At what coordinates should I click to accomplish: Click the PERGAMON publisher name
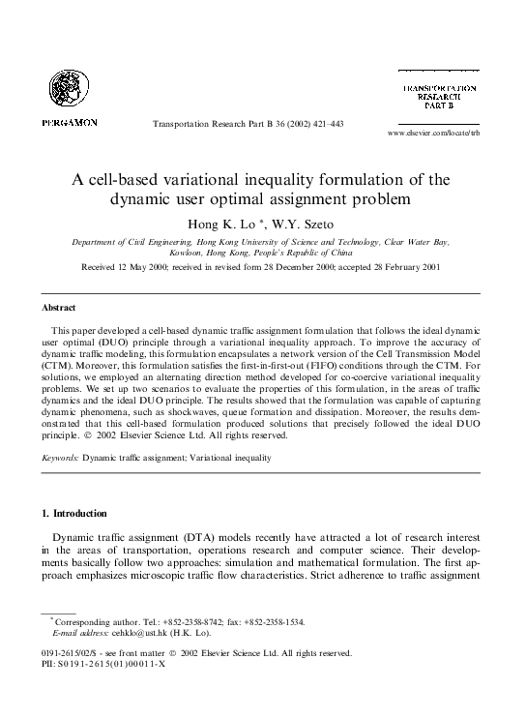[x=69, y=123]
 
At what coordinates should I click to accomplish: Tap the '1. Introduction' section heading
[x=73, y=512]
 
